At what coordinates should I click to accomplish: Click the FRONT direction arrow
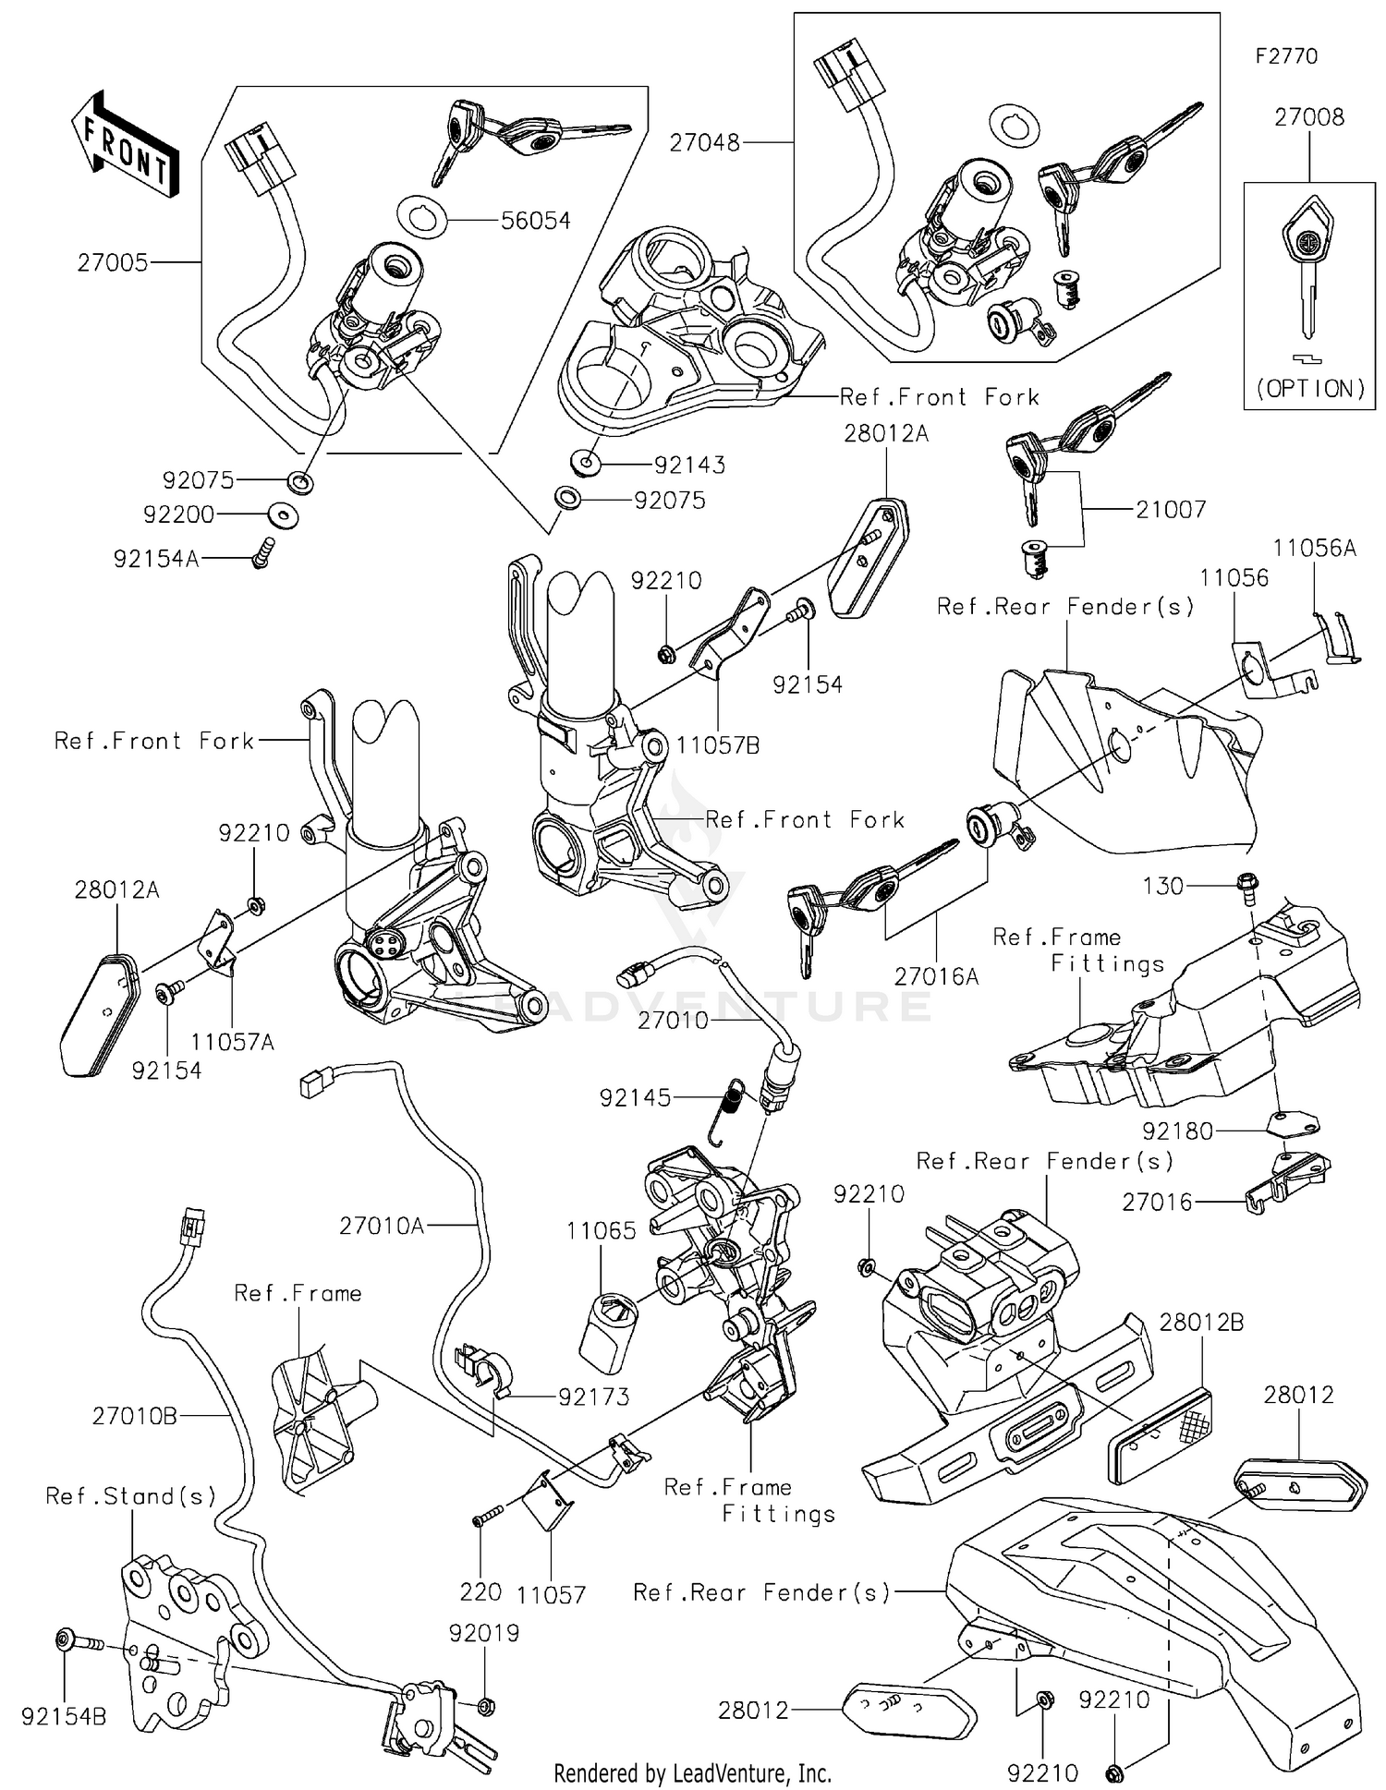pos(126,145)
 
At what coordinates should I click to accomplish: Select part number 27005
pos(112,263)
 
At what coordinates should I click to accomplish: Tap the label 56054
pos(536,221)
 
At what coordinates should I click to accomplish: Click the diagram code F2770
pos(1286,56)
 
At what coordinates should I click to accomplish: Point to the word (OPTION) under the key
pos(1309,389)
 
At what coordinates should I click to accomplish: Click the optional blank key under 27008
pos(1307,268)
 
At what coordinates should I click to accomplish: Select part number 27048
pos(705,143)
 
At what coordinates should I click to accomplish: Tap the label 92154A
pos(156,560)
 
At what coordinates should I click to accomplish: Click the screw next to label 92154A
pos(262,553)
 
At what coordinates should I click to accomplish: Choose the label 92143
pos(689,465)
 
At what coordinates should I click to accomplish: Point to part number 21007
pos(1171,510)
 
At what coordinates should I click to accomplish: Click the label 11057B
pos(718,745)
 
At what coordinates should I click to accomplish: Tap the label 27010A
pos(382,1226)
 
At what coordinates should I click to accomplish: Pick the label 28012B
pos(1201,1323)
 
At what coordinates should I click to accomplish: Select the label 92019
pos(484,1633)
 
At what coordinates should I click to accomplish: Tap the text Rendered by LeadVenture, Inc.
pos(692,1773)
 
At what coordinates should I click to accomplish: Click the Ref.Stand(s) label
pos(131,1496)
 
